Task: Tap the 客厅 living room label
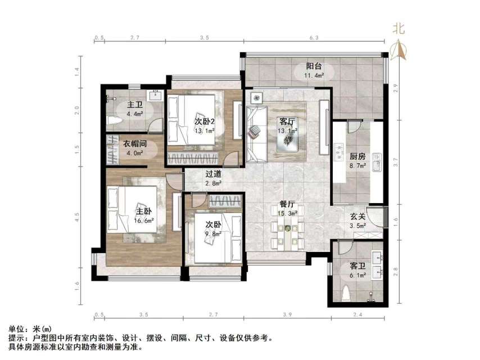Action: click(x=288, y=121)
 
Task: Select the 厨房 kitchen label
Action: click(x=358, y=157)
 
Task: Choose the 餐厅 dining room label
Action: click(x=288, y=205)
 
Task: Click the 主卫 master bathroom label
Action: click(x=134, y=105)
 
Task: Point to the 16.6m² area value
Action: click(x=144, y=220)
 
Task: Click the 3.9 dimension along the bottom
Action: click(x=287, y=315)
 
